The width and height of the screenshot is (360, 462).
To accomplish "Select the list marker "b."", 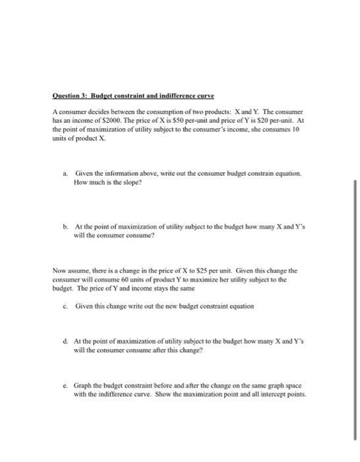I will [65, 225].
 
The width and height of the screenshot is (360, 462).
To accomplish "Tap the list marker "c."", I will [65, 306].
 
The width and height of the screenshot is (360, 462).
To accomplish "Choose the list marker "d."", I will [65, 341].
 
